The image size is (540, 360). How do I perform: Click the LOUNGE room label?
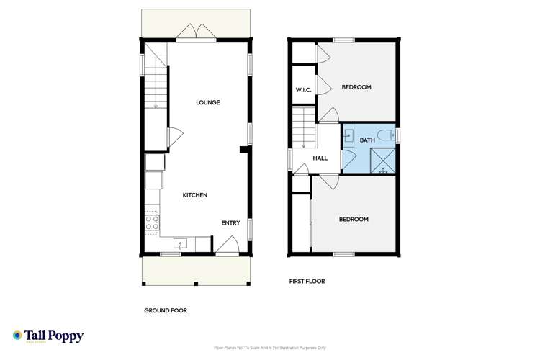click(208, 102)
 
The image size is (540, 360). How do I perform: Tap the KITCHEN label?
click(194, 195)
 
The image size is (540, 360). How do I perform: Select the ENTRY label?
click(230, 223)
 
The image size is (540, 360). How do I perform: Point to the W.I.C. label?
click(302, 90)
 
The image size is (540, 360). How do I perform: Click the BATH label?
click(367, 140)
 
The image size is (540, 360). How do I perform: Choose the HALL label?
click(320, 158)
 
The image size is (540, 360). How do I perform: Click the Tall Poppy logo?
click(48, 336)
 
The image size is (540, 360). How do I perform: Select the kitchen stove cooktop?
click(152, 222)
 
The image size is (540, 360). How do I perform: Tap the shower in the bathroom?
click(384, 161)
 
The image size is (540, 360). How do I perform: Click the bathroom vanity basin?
click(348, 135)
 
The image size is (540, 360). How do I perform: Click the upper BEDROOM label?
click(356, 87)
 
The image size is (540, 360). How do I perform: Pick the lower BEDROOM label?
click(354, 219)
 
